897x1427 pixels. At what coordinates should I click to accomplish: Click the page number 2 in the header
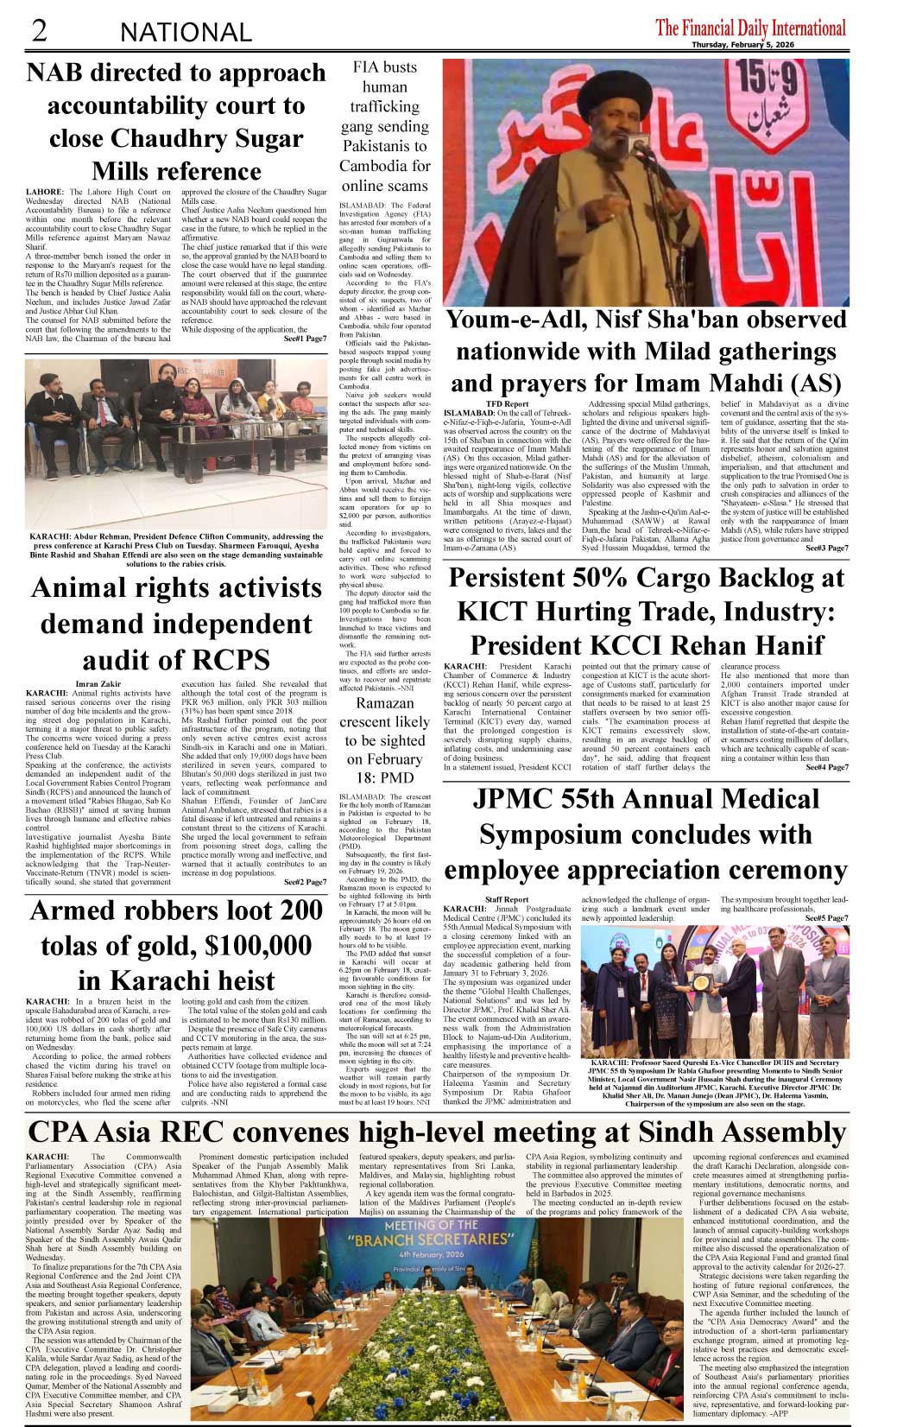(x=39, y=30)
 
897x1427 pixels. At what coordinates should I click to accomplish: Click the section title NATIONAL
(x=186, y=33)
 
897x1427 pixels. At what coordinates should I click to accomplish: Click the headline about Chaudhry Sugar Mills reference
(x=176, y=122)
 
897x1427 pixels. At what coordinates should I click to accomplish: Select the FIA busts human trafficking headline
(x=384, y=126)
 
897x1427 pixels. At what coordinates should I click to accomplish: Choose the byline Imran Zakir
(x=98, y=684)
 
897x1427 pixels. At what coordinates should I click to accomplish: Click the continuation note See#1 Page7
(x=305, y=339)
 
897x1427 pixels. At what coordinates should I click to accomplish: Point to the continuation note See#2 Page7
(x=305, y=882)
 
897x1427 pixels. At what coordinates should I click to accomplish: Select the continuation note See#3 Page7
(x=826, y=548)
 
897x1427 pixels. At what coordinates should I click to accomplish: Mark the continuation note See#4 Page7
(x=826, y=767)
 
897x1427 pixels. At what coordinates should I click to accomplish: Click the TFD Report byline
(x=507, y=403)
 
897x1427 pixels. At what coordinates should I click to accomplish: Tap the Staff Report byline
(x=507, y=899)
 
